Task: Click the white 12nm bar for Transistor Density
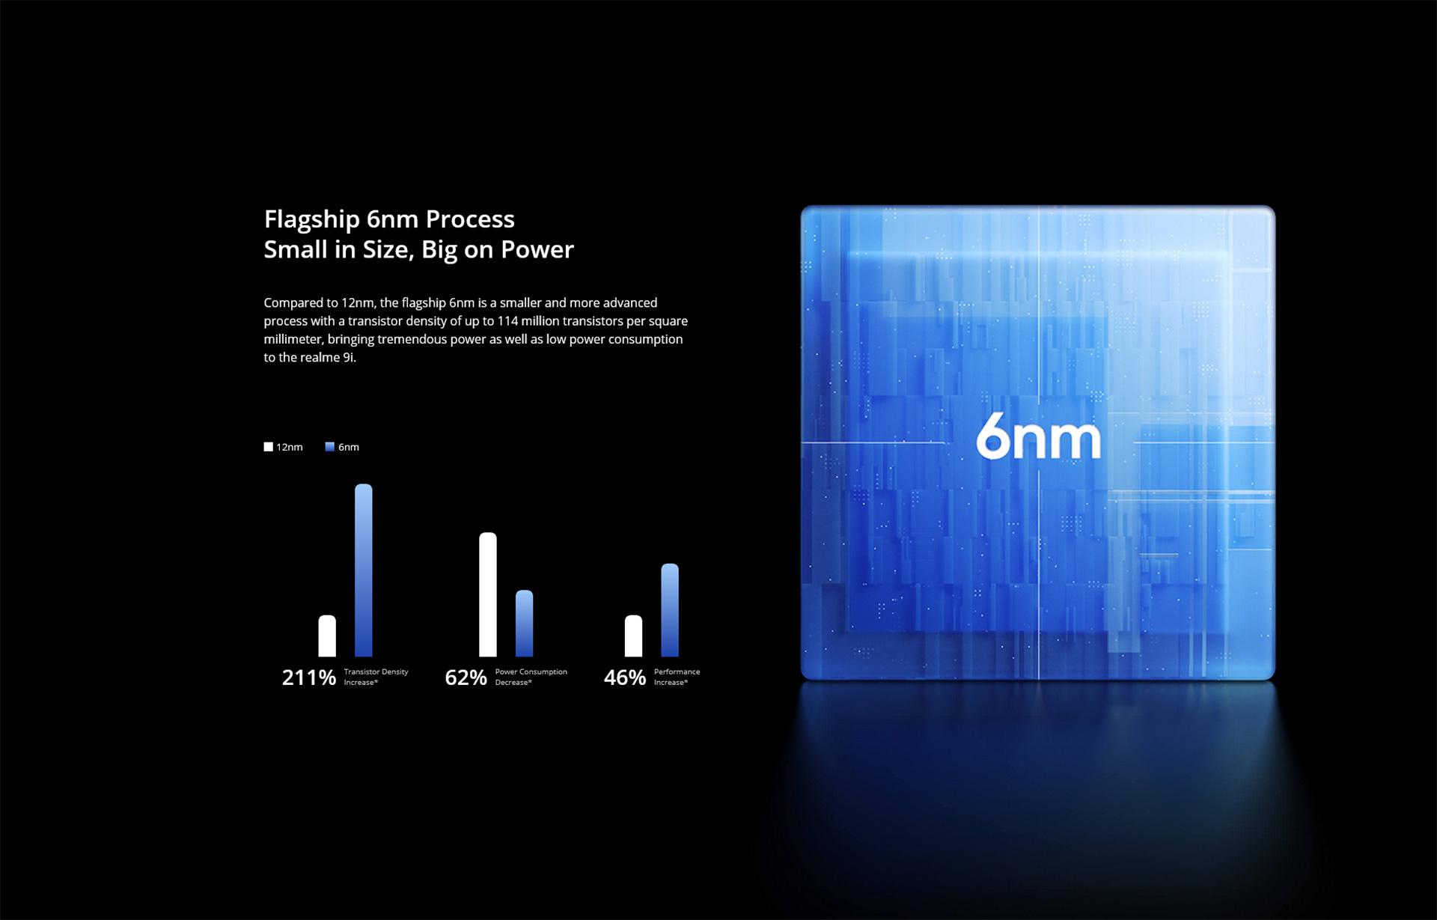click(327, 636)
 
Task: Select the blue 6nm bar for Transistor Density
click(363, 570)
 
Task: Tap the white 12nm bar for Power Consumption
click(488, 594)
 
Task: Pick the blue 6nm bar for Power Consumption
click(524, 623)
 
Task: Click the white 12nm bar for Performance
click(633, 636)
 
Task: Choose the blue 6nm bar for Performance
click(670, 610)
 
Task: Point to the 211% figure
click(308, 677)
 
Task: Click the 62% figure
click(466, 677)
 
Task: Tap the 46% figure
click(625, 677)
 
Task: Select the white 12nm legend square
click(268, 447)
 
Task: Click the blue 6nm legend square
click(329, 447)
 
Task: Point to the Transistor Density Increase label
click(376, 677)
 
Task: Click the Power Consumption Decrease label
click(531, 677)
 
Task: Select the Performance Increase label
click(677, 677)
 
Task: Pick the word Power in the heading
click(537, 249)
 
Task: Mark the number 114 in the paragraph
click(507, 321)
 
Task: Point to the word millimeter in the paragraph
click(293, 339)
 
